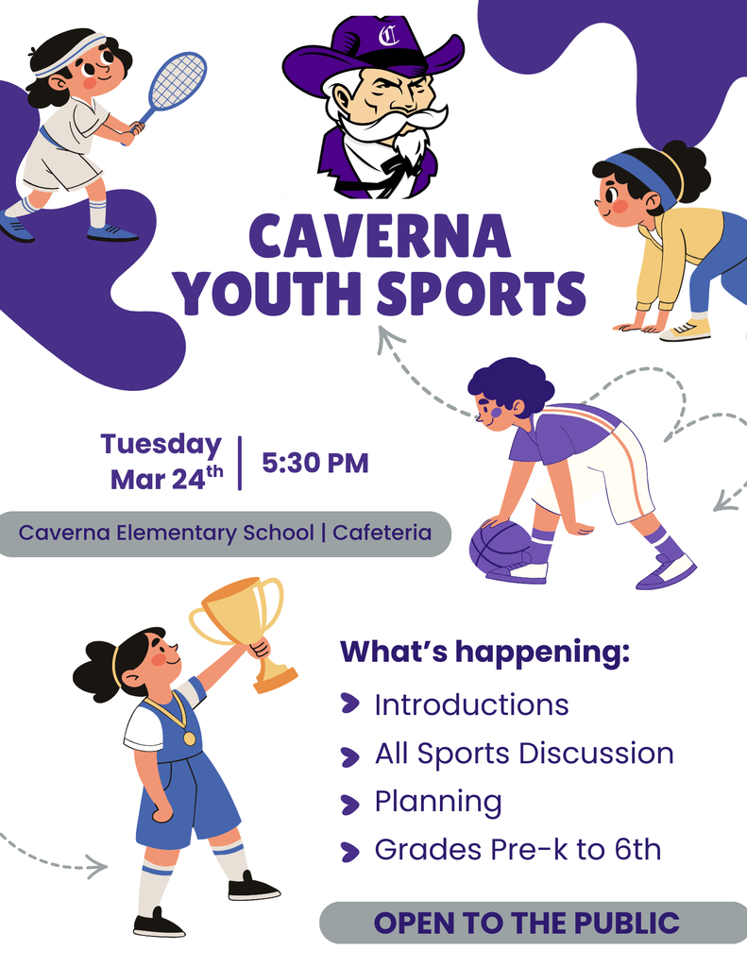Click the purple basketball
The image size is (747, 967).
(500, 547)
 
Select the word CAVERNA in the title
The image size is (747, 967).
(380, 236)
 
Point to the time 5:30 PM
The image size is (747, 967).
(314, 463)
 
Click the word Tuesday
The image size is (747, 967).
(161, 444)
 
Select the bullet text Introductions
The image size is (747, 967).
(471, 704)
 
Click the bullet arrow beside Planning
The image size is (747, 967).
(350, 804)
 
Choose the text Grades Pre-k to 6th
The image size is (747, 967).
(518, 850)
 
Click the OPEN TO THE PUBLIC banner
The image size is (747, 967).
(527, 923)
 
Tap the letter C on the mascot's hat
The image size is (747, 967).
(387, 38)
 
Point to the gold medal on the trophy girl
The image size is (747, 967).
(190, 738)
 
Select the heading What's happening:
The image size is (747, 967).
(484, 652)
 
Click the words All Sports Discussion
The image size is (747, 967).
(524, 754)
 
